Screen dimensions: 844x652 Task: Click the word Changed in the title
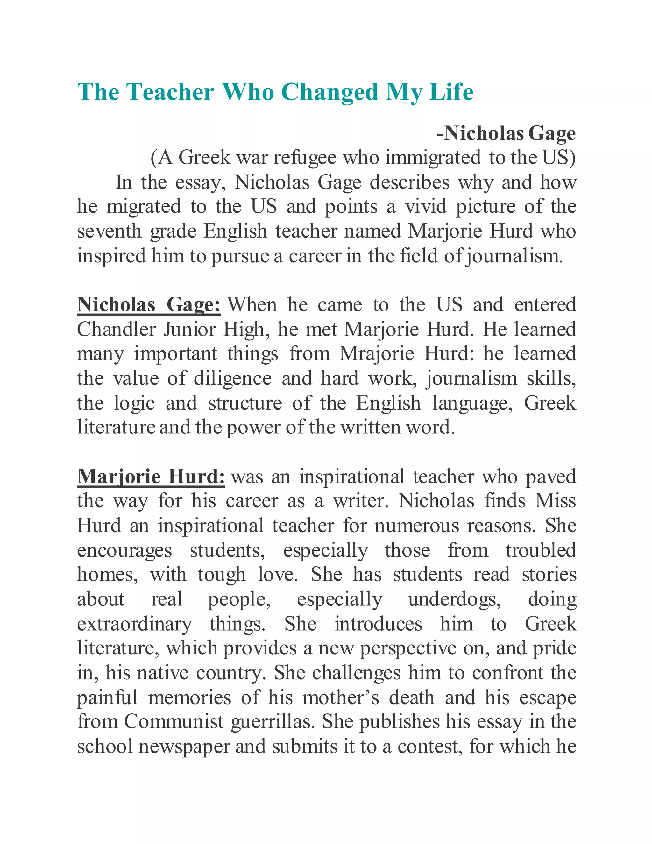coord(330,93)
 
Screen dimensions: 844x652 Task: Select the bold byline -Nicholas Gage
coord(506,133)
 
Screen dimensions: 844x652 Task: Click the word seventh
coord(109,232)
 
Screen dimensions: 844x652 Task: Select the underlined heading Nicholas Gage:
coord(149,305)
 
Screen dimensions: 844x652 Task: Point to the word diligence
coord(232,378)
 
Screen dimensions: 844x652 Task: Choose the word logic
coord(134,403)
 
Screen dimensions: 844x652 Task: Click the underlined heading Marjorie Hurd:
coord(151,476)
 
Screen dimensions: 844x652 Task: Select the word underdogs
coord(455,599)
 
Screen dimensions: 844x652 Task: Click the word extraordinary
coord(134,624)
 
